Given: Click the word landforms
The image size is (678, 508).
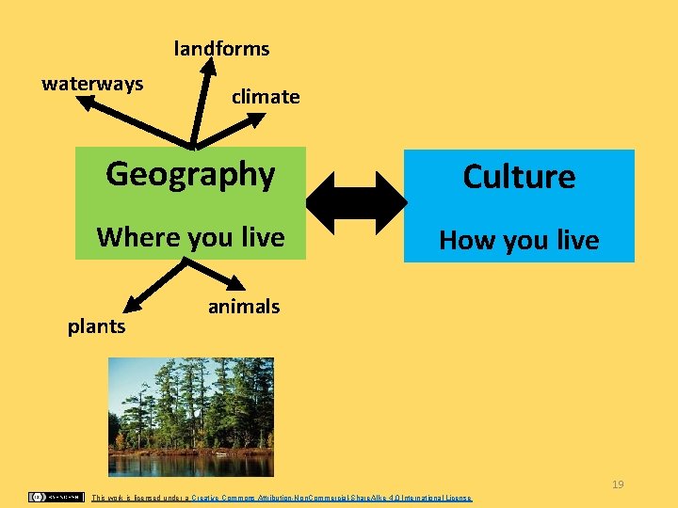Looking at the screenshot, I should (221, 48).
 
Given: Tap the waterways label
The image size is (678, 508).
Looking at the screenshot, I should (92, 84).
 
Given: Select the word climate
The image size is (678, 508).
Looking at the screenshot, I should (266, 96).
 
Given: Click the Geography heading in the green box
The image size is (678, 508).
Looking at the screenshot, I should (190, 174).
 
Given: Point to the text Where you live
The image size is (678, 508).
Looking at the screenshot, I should (190, 236).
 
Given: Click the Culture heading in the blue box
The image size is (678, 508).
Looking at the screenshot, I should (519, 177).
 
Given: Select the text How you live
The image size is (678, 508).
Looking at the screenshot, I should (519, 240).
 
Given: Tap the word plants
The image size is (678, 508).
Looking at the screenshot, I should (96, 326).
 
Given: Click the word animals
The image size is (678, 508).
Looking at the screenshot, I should (244, 306).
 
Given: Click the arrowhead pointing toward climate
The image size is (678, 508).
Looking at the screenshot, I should (260, 119).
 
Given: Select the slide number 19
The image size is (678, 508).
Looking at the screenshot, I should (618, 484).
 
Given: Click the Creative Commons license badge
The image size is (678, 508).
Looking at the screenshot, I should (55, 497).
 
